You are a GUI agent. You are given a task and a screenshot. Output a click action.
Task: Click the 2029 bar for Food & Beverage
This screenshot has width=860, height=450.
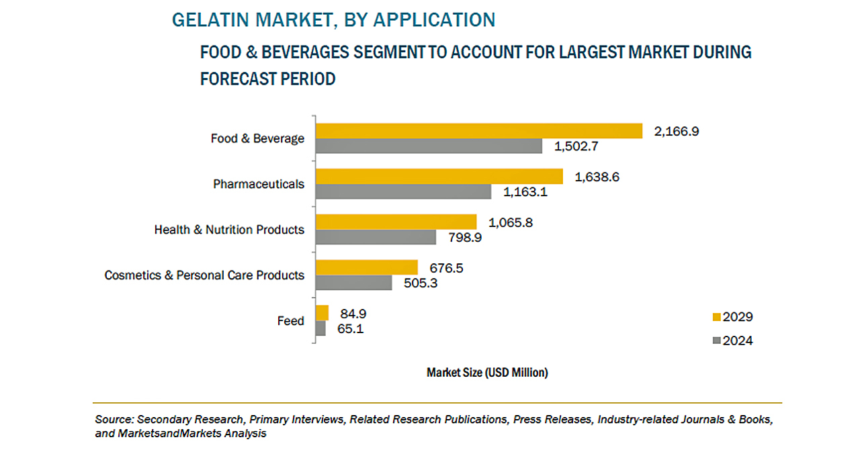[x=479, y=130]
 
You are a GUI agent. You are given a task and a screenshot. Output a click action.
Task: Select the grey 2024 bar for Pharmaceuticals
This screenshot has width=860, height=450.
[x=404, y=191]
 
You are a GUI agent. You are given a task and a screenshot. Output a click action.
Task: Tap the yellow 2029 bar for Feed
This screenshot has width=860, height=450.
[x=322, y=313]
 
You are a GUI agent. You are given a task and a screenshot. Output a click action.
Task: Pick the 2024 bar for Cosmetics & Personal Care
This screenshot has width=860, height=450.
[x=354, y=283]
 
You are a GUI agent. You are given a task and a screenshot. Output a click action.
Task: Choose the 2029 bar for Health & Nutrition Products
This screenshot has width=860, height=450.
[x=396, y=222]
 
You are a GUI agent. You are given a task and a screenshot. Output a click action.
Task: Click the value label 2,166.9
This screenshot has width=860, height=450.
[x=677, y=132]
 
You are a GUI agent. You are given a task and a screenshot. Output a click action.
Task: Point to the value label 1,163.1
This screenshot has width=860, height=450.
[x=526, y=192]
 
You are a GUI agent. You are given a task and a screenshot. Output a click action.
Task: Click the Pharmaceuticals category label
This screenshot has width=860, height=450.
[x=259, y=184]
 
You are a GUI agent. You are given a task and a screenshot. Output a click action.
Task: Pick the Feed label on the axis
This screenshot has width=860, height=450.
[x=291, y=321]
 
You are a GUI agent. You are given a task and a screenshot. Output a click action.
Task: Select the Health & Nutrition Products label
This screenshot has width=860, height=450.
[x=229, y=230]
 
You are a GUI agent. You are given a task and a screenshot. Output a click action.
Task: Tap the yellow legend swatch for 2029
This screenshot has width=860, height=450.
[x=716, y=317]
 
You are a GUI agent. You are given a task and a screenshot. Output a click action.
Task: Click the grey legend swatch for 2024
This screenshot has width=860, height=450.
[x=716, y=341]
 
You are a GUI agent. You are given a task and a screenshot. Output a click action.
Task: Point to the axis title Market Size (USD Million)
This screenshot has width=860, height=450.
[x=487, y=373]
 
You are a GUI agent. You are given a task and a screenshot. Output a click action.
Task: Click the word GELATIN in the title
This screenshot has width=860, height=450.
[x=205, y=20]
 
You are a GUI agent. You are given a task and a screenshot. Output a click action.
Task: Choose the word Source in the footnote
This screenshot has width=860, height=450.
[x=112, y=419]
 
